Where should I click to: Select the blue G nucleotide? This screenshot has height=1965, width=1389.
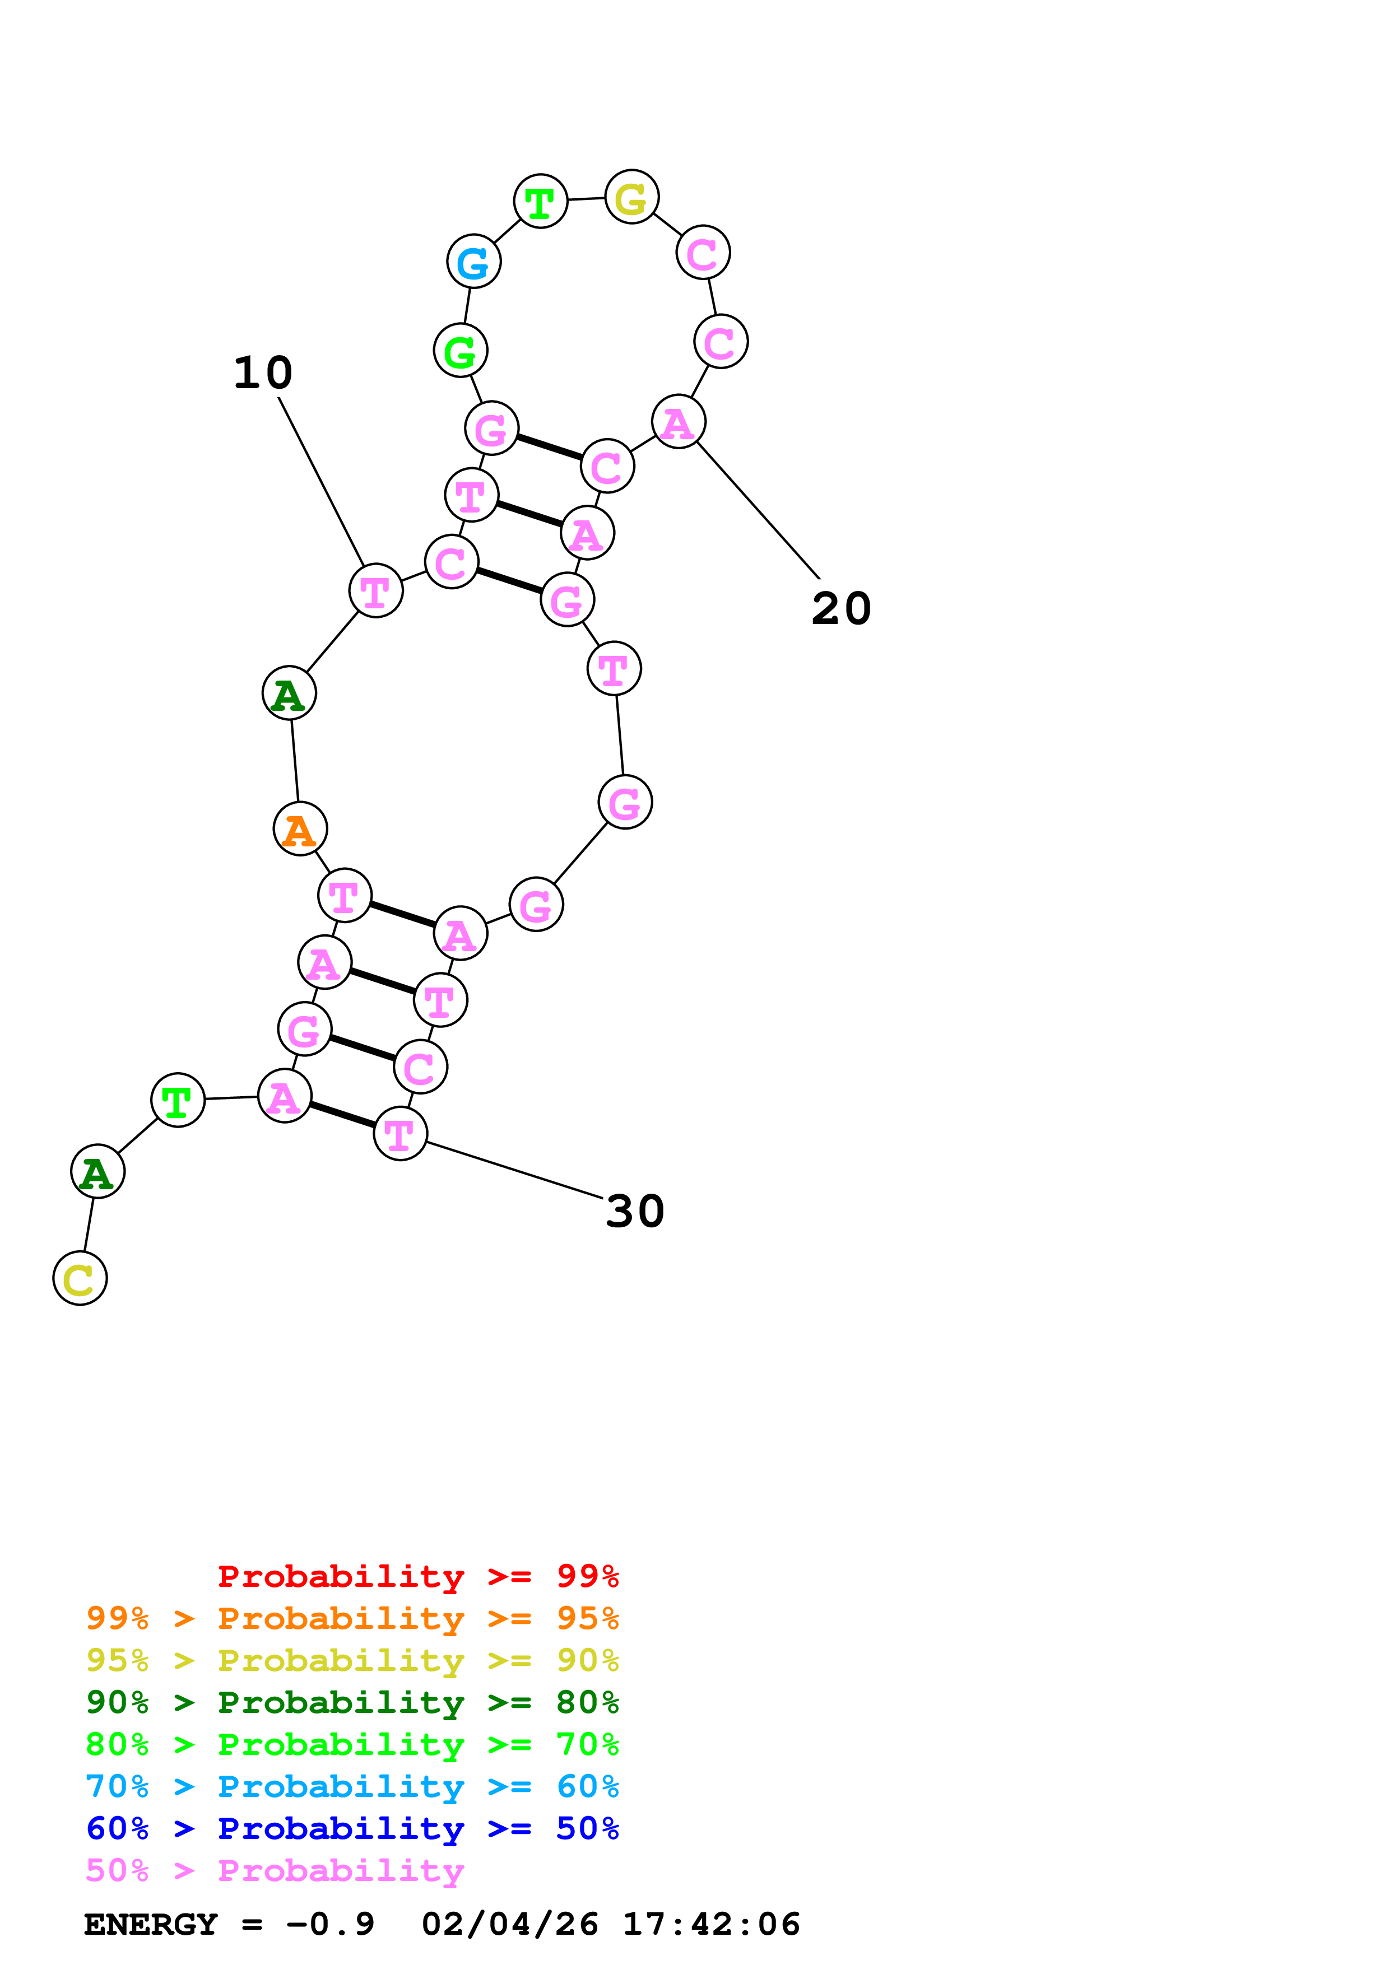473,262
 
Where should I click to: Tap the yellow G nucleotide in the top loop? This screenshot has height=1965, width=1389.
631,198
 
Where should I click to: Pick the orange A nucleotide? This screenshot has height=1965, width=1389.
300,830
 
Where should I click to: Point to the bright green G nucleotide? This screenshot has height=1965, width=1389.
461,351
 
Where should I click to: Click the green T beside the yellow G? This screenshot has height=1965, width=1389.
540,203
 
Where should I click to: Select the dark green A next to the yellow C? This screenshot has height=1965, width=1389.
97,1172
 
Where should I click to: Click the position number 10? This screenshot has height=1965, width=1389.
263,373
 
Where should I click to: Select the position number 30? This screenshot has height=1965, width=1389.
634,1212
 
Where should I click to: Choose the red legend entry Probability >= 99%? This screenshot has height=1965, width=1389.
417,1576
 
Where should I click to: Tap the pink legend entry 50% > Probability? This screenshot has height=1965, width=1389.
275,1871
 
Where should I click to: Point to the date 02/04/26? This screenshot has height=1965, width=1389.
510,1925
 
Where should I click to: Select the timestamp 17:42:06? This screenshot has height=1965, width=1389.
711,1925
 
